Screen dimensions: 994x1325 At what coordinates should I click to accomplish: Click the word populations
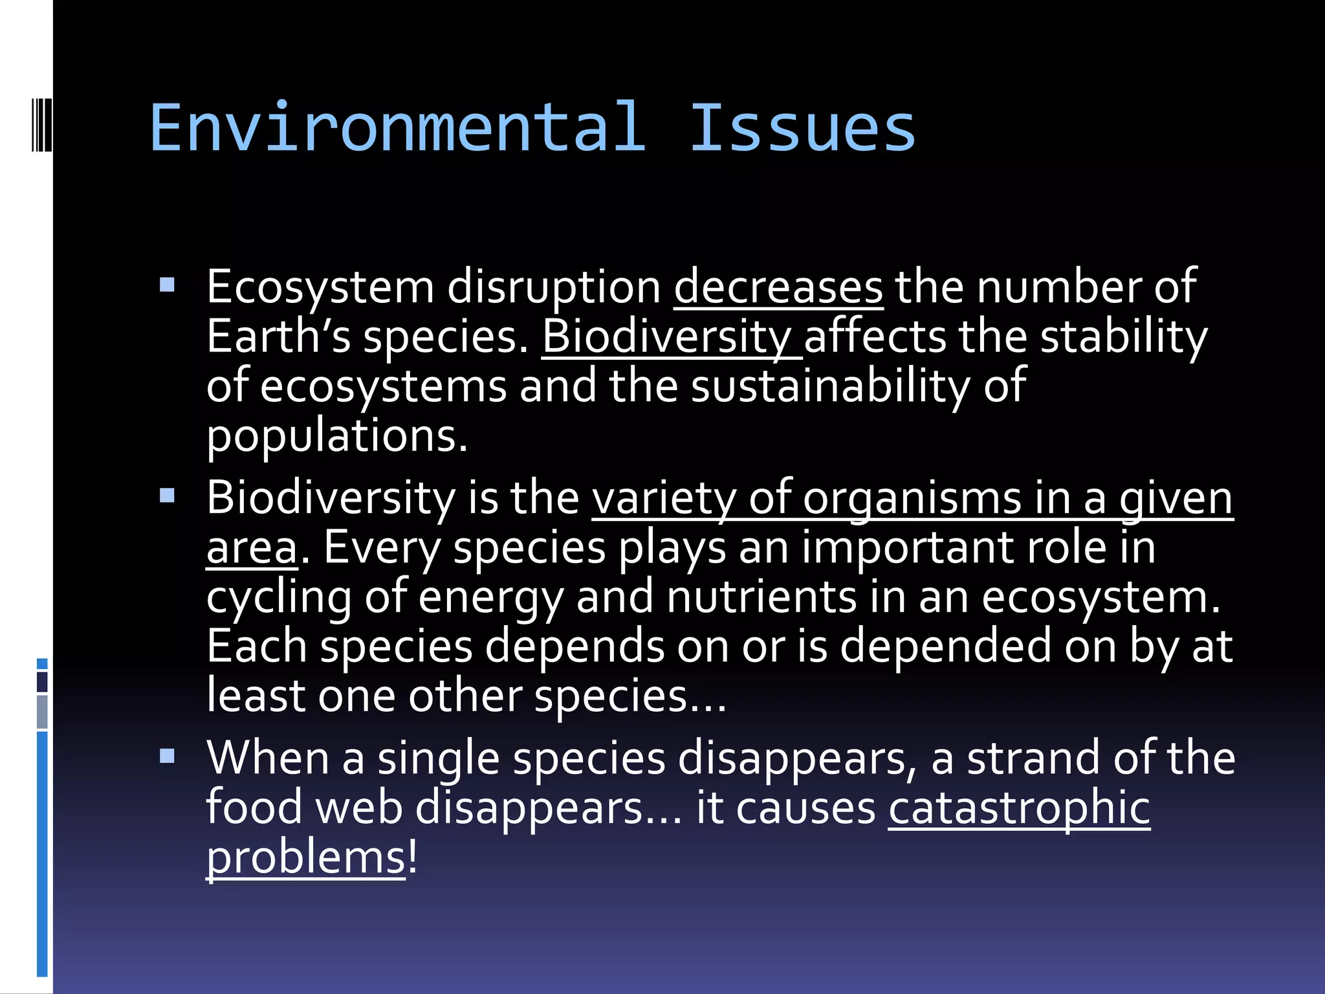point(336,437)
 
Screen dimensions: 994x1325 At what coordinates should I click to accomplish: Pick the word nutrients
point(761,597)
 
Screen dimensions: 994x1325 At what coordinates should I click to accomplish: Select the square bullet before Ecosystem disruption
point(167,285)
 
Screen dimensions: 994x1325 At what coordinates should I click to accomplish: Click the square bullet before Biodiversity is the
point(167,496)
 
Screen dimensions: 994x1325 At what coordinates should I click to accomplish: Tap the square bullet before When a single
point(167,756)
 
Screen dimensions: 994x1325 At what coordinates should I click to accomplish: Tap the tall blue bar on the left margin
point(42,854)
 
